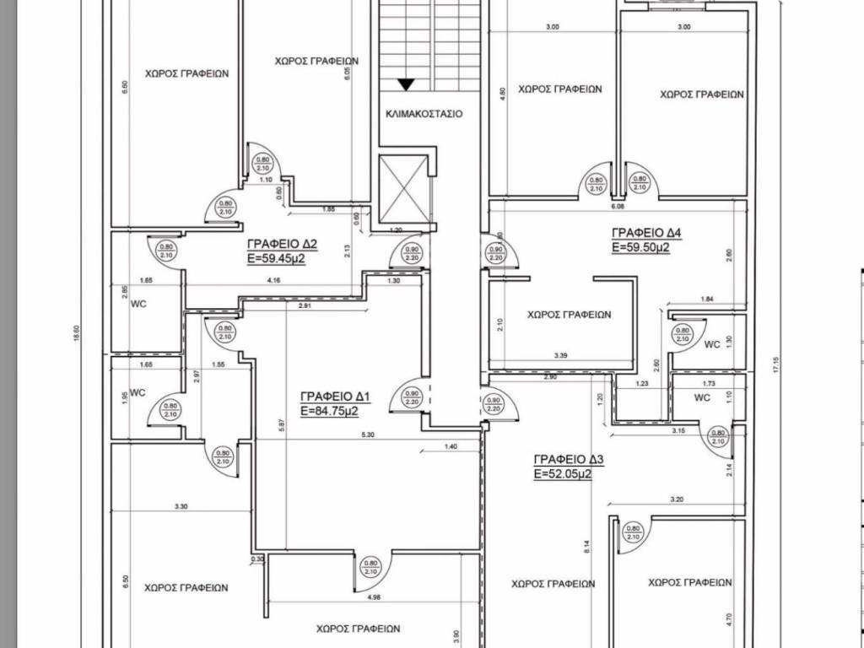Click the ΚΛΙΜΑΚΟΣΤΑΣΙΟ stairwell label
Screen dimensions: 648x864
point(424,113)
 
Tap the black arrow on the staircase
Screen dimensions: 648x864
point(407,84)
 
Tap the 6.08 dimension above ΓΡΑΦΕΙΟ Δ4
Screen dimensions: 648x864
point(618,205)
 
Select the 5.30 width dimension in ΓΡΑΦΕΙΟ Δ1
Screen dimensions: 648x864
point(369,435)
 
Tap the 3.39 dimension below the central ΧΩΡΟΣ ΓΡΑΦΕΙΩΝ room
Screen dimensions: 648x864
point(561,356)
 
